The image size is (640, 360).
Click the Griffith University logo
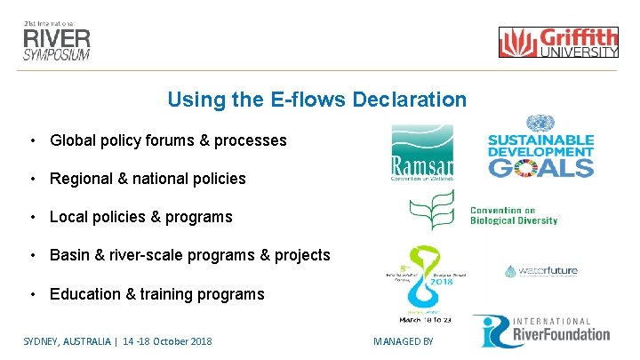(558, 42)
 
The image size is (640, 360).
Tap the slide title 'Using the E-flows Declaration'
(316, 100)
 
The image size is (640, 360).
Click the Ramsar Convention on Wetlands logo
(422, 152)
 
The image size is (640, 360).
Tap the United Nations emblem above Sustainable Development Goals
(540, 124)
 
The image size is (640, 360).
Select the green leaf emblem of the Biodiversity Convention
(432, 214)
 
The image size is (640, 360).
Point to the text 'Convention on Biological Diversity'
(514, 215)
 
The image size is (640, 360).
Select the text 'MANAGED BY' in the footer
(403, 341)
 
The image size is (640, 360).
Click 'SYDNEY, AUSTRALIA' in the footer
(68, 341)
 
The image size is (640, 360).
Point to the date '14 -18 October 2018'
(168, 341)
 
